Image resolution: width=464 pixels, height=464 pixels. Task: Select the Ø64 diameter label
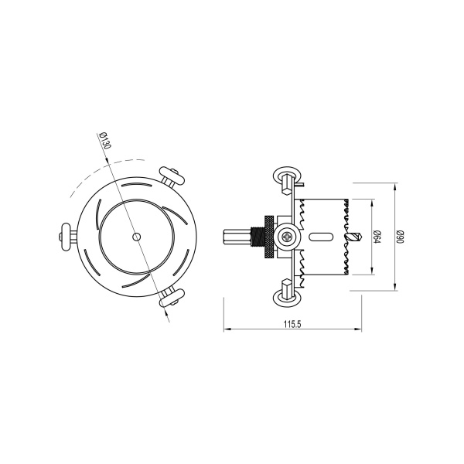pos(377,237)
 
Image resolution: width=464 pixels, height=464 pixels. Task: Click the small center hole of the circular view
pos(136,237)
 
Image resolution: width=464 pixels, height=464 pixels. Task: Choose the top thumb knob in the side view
pos(285,177)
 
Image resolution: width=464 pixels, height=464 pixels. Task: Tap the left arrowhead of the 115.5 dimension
pos(227,330)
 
